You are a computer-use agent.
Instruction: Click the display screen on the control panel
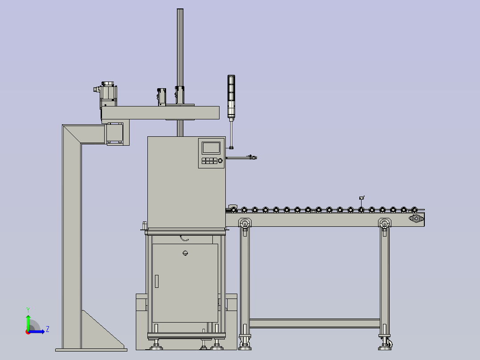[211, 147]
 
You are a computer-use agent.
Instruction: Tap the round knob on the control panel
[220, 160]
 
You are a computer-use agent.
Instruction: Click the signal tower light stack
[231, 96]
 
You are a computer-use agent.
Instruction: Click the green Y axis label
[28, 310]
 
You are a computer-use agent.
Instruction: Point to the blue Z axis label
[48, 329]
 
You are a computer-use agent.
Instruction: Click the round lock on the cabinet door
[185, 253]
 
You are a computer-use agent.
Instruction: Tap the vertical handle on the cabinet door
[157, 281]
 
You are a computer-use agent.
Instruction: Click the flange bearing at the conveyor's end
[416, 219]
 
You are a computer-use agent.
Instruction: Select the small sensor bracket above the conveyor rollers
[362, 198]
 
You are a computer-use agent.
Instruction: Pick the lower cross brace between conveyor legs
[315, 323]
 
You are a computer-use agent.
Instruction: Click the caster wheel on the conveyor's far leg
[390, 344]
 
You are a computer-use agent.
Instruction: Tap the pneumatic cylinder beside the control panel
[241, 157]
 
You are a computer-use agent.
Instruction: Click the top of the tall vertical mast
[180, 9]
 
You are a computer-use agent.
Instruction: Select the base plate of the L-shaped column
[91, 350]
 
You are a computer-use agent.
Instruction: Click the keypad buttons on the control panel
[209, 161]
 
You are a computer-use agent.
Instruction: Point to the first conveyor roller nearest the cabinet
[234, 210]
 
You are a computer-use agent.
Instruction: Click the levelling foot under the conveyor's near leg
[245, 348]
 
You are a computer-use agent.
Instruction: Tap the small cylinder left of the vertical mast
[162, 97]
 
